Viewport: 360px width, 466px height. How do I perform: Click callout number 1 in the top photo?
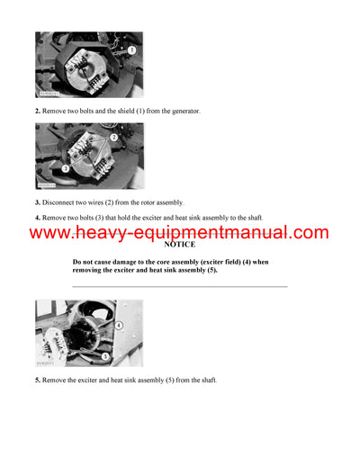131,49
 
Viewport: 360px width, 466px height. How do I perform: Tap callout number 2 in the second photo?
113,137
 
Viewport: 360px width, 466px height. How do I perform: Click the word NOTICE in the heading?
179,245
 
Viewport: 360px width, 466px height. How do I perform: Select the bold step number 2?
38,111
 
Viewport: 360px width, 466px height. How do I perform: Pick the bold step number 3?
38,202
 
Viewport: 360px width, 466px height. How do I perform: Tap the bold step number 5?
38,380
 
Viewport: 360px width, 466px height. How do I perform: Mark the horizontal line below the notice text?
179,287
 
